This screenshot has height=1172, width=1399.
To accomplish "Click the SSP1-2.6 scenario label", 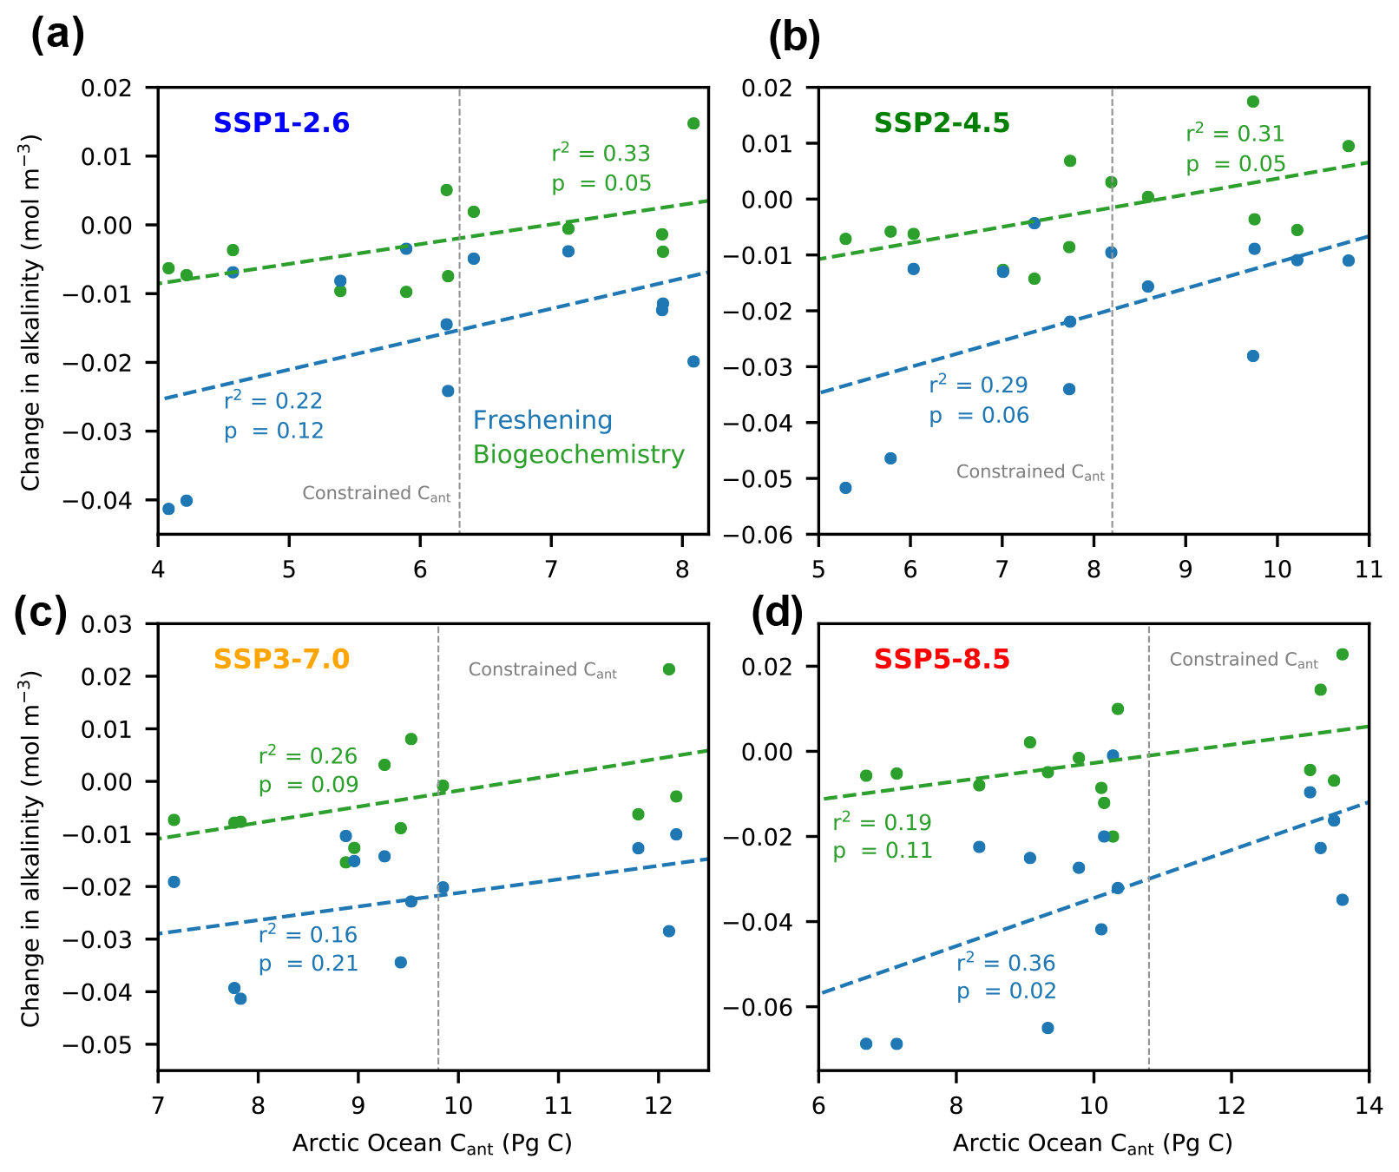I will (x=281, y=123).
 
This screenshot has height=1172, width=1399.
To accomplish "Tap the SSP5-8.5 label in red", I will (x=942, y=660).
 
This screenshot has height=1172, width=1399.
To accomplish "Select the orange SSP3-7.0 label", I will (x=281, y=660).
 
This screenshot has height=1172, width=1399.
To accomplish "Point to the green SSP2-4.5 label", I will (x=942, y=123).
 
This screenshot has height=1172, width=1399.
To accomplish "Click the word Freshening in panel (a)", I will (x=542, y=421).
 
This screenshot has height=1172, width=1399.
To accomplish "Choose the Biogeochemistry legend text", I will (x=578, y=455).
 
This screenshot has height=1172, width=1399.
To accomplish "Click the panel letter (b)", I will (x=794, y=38).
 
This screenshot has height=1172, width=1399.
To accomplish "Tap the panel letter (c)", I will (x=40, y=613).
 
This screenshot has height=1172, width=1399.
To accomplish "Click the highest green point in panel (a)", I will (x=693, y=123).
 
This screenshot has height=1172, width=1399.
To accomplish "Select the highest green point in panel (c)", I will (x=669, y=669).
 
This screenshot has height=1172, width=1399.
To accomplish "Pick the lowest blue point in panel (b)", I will (x=845, y=488).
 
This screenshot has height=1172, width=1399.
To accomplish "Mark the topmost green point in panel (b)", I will (x=1253, y=102).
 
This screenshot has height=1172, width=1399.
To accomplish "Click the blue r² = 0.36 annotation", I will (x=1006, y=963).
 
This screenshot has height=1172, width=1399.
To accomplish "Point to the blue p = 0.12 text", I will (x=273, y=431).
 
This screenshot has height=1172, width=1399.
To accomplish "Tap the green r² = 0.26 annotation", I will (x=308, y=756).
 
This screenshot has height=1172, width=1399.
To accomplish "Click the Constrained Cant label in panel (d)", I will (x=1244, y=660).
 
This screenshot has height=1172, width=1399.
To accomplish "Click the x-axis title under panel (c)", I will (x=432, y=1143).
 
